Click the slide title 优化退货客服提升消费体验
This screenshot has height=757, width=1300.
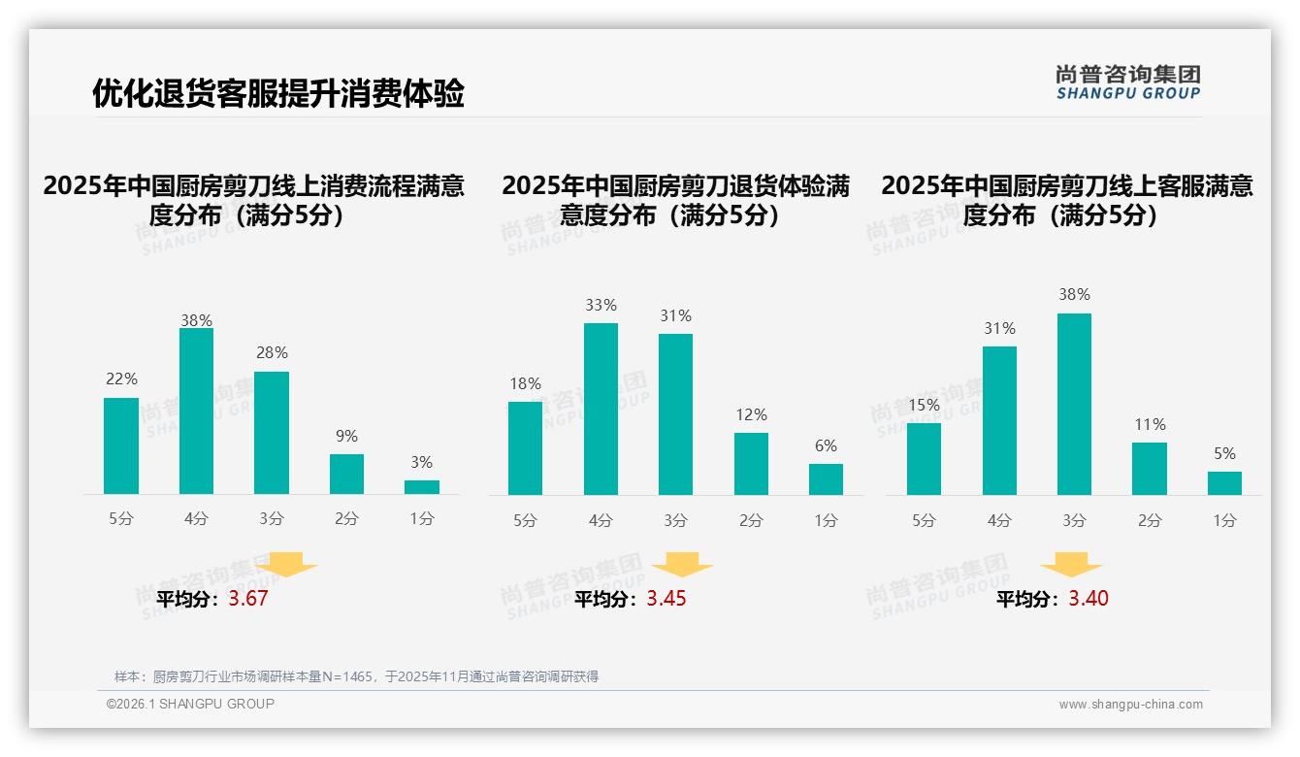(278, 94)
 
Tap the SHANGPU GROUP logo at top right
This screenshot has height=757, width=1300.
(1127, 82)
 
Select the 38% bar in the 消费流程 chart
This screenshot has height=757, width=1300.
(196, 411)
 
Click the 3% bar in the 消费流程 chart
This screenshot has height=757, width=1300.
(422, 487)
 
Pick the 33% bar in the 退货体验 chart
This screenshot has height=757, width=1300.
(601, 409)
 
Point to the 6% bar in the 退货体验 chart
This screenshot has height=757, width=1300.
(826, 479)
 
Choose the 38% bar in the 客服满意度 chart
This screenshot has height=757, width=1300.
(1074, 404)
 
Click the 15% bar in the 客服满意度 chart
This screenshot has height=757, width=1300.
(924, 459)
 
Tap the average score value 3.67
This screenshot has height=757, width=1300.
(248, 599)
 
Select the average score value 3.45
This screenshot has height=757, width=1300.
(666, 599)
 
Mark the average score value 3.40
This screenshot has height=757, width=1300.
(1089, 599)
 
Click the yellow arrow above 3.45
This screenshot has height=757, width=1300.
(682, 565)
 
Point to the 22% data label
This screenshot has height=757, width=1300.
(121, 379)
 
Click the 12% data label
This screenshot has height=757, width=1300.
(751, 414)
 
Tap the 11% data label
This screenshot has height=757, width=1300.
(1149, 424)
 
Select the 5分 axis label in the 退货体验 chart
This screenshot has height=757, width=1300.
(525, 520)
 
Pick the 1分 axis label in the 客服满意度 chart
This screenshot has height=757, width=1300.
(1224, 520)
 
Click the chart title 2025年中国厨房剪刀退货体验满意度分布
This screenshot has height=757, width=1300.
(675, 200)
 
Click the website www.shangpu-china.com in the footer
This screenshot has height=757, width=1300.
(1130, 705)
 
